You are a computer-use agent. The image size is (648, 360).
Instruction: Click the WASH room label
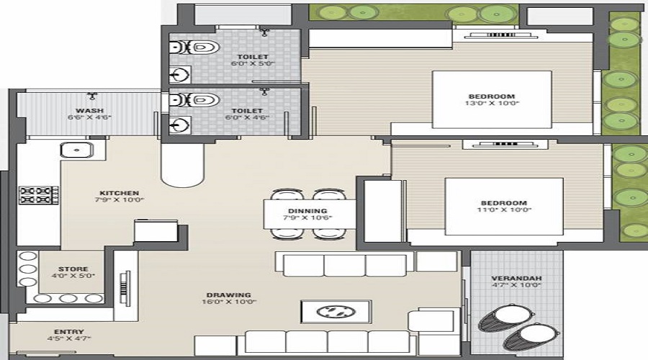[x=89, y=110]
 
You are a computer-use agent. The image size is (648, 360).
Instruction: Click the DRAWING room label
[x=228, y=294]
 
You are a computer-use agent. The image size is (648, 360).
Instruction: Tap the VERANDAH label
[x=516, y=278]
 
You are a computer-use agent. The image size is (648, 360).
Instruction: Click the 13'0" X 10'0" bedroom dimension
[x=493, y=104]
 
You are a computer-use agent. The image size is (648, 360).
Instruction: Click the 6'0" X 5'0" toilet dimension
[x=252, y=63]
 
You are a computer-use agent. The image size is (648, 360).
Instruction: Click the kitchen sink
[x=76, y=150]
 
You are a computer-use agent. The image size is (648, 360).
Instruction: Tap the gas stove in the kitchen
[x=38, y=194]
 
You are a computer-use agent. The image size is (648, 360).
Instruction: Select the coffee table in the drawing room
[x=336, y=312]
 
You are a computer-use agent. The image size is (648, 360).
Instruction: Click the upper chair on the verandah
[x=508, y=314]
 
